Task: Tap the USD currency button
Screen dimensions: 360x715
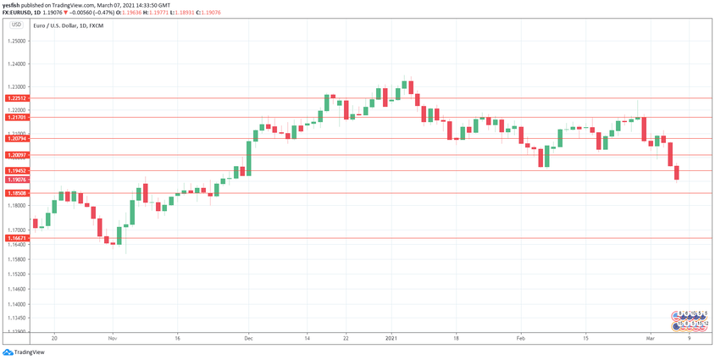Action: pos(15,25)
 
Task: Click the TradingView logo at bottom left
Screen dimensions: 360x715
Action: pos(23,352)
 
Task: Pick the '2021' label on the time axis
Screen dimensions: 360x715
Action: pos(391,338)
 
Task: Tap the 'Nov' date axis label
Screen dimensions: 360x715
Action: pos(112,338)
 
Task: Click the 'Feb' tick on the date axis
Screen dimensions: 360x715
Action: pos(521,338)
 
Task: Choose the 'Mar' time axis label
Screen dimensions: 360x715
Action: pos(650,338)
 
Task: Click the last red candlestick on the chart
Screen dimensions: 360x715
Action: pos(677,173)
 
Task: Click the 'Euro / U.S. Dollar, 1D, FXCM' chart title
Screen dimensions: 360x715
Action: pos(68,26)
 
